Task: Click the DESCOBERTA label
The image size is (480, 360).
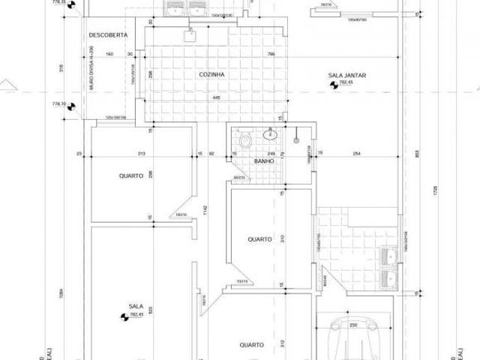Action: click(x=107, y=35)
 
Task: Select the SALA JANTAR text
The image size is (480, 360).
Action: click(x=346, y=75)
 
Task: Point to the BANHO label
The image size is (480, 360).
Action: click(x=262, y=160)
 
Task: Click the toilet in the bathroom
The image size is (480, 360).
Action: click(x=244, y=140)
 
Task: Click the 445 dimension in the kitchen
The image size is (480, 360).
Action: click(x=215, y=97)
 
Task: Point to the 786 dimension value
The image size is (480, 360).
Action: click(x=271, y=54)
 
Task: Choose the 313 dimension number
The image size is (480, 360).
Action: click(x=141, y=154)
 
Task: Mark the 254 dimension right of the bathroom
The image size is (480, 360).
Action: click(x=356, y=154)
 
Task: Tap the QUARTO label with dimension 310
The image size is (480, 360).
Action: click(x=259, y=240)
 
